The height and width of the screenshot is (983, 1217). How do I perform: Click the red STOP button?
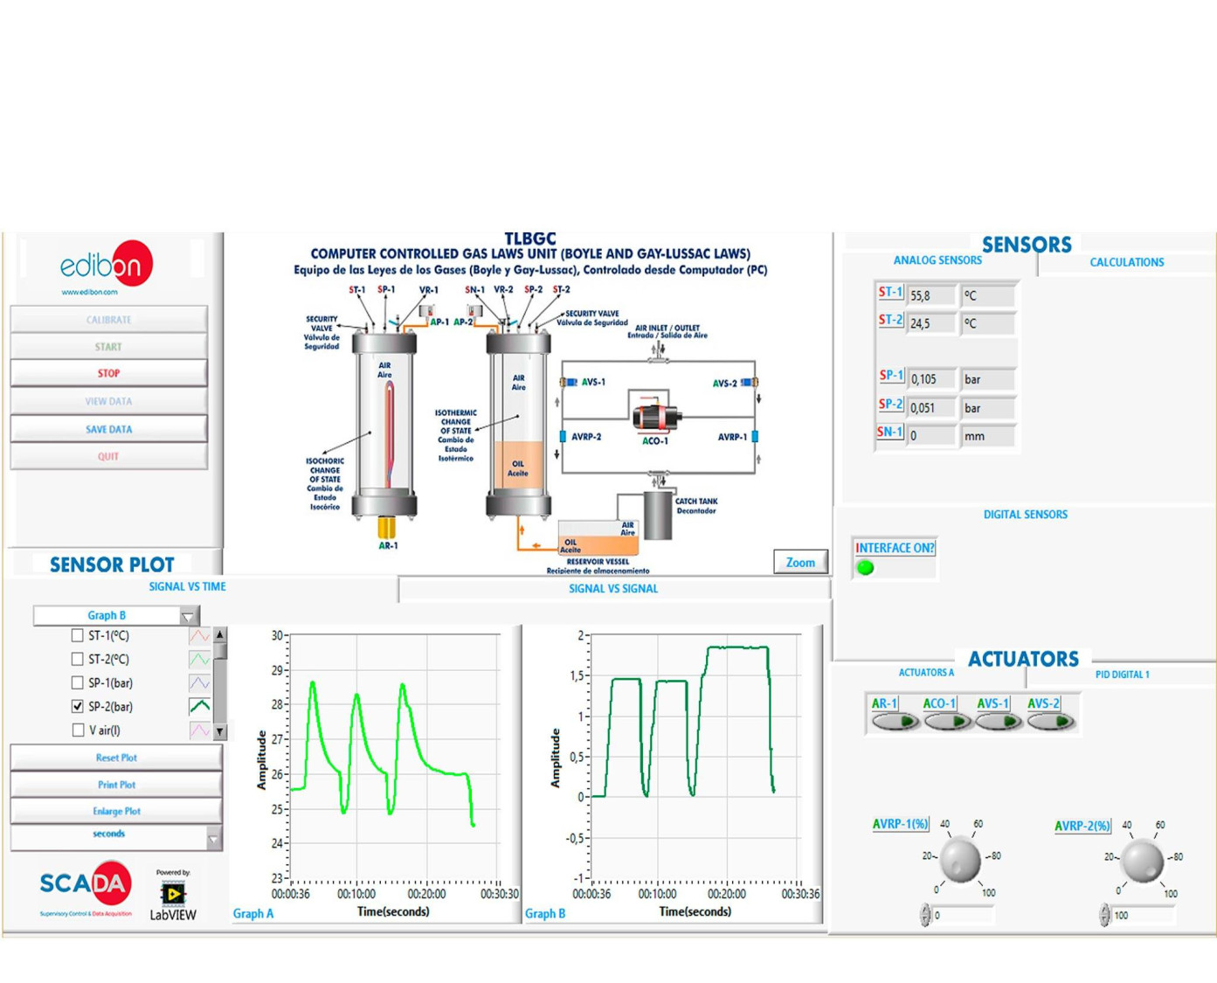(108, 373)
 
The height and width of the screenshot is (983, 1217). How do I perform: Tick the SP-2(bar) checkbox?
(77, 706)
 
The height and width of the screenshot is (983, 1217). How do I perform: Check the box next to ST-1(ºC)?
(77, 635)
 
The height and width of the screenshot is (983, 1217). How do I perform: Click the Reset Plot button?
(116, 758)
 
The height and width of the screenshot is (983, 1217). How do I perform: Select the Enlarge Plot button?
(116, 811)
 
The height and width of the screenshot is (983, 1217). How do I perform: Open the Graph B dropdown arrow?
(188, 616)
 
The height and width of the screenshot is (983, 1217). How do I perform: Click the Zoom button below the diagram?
(800, 563)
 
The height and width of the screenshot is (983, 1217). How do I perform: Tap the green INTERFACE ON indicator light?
(865, 567)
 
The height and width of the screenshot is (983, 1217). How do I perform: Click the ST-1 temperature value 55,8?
(930, 295)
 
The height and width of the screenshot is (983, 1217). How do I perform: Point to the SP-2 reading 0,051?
(930, 407)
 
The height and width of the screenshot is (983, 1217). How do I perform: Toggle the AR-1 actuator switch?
(895, 721)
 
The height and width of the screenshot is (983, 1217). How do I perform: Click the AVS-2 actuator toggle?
(1051, 721)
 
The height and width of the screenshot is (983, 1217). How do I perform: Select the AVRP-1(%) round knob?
(960, 860)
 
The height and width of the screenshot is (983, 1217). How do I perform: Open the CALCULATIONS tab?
(1126, 262)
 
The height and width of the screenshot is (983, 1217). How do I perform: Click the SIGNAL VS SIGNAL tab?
(613, 589)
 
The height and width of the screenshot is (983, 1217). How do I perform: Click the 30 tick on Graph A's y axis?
(277, 635)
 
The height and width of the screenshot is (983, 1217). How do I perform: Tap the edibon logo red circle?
(131, 263)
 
